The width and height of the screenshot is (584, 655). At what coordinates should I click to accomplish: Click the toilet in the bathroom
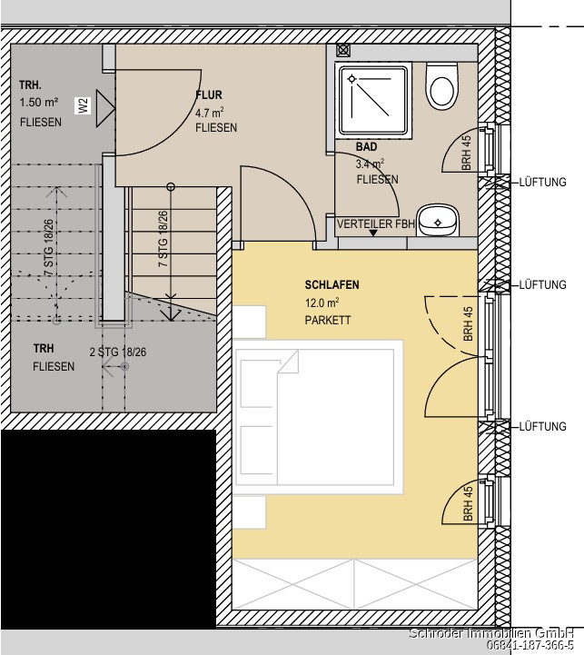tap(441, 86)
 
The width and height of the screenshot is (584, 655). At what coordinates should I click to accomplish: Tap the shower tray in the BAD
tap(373, 100)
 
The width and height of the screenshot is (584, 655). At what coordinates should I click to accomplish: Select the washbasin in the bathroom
tap(438, 220)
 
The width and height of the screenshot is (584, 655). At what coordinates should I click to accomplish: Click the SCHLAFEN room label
tap(332, 285)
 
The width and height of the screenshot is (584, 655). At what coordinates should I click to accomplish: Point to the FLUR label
tap(209, 95)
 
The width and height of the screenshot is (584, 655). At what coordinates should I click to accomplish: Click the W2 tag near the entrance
tap(83, 105)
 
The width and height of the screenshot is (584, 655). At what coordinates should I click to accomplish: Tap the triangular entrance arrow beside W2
tap(104, 108)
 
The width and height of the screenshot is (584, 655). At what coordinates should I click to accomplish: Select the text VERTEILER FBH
tap(376, 223)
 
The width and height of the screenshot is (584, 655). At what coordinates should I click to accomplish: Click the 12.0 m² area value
tap(322, 302)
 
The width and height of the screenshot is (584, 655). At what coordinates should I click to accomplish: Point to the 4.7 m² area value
tap(209, 113)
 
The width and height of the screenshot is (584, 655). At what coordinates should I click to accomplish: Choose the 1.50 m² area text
tap(38, 102)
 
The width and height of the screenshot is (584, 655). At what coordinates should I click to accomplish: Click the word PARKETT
tap(328, 320)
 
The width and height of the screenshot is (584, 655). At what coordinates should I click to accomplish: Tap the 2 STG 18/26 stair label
tap(118, 352)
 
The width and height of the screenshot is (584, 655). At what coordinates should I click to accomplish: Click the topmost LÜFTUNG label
tap(542, 182)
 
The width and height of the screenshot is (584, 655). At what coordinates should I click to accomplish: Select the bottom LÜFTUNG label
tap(542, 426)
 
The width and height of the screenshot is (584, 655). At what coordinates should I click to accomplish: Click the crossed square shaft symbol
tap(343, 51)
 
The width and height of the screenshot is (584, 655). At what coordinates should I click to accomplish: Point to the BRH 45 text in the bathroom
tap(467, 153)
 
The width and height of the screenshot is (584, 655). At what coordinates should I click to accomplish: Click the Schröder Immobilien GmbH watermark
tap(491, 633)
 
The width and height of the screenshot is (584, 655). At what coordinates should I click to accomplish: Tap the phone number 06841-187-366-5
tap(530, 645)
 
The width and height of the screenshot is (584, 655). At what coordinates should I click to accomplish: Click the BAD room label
tap(366, 146)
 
